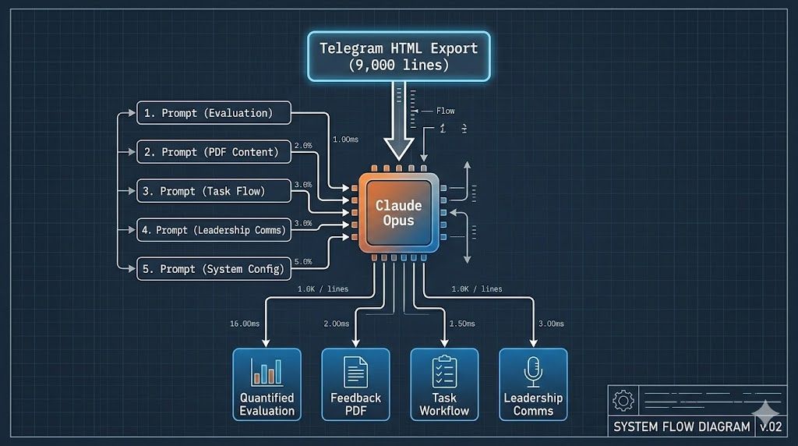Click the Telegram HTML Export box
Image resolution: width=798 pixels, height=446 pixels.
click(x=398, y=56)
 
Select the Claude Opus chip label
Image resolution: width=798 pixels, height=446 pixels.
click(x=398, y=213)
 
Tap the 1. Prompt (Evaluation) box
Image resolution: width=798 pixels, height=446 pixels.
click(x=214, y=113)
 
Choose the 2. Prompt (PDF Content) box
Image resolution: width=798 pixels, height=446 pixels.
click(x=214, y=152)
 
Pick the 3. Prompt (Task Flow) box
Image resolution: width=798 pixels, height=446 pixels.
click(x=214, y=191)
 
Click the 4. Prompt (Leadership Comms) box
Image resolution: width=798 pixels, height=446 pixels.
click(x=214, y=230)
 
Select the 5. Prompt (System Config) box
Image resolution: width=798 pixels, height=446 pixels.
click(x=214, y=269)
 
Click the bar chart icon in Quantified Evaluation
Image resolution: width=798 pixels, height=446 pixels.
click(x=267, y=371)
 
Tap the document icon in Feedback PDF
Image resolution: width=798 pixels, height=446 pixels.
click(x=355, y=371)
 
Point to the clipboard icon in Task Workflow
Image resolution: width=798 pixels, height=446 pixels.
click(x=444, y=371)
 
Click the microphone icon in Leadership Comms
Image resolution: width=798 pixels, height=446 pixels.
click(x=533, y=371)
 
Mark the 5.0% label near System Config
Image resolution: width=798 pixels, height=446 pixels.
click(x=302, y=262)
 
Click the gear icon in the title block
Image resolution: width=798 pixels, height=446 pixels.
click(x=623, y=402)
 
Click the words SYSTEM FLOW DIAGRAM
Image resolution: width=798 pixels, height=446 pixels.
click(x=681, y=427)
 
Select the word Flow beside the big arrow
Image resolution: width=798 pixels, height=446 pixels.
click(x=445, y=111)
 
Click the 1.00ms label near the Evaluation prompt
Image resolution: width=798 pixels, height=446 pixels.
click(x=345, y=140)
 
